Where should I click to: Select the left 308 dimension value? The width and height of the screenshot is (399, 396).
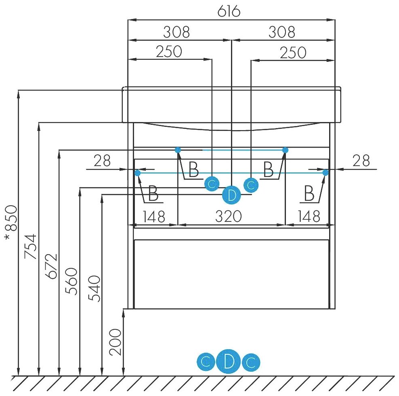click(x=176, y=32)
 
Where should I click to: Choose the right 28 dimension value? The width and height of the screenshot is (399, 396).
click(x=361, y=161)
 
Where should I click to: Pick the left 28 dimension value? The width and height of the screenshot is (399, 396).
click(x=102, y=161)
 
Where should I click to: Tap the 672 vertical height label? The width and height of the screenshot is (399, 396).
click(x=51, y=267)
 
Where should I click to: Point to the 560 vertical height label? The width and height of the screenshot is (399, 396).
click(x=71, y=281)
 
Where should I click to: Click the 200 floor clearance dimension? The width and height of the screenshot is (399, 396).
click(x=115, y=342)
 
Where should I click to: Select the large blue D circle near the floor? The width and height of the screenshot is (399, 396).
click(x=229, y=363)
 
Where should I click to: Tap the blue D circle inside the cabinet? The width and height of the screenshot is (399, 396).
click(x=231, y=196)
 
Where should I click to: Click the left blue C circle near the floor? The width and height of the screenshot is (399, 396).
click(x=206, y=363)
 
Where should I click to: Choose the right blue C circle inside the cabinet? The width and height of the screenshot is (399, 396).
click(x=251, y=185)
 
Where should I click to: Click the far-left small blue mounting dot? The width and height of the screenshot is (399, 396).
click(x=137, y=173)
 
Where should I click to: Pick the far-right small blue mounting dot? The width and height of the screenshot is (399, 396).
click(x=325, y=173)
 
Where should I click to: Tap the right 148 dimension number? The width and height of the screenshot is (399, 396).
click(x=309, y=217)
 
